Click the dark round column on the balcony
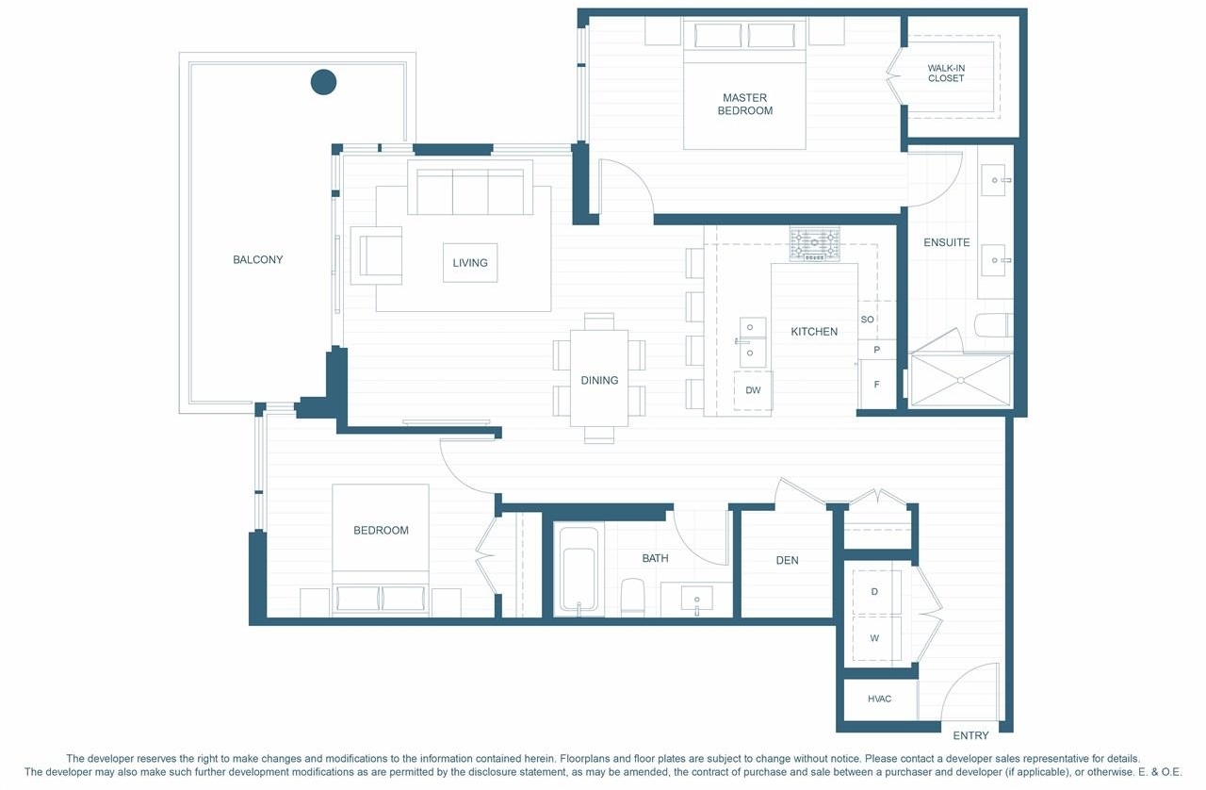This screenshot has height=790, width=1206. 323,82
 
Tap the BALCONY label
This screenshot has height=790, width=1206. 257,260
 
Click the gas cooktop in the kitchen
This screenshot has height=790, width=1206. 815,244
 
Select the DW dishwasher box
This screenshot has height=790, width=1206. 753,390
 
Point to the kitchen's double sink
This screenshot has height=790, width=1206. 753,342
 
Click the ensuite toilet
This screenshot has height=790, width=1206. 994,326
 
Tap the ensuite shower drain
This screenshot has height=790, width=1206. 961,381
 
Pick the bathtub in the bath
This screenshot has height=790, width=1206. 579,569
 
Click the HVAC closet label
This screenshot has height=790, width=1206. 879,699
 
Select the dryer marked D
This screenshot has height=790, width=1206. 876,592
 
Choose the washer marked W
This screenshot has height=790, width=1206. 876,638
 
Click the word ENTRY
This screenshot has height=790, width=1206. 970,735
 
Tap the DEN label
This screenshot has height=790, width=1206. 787,560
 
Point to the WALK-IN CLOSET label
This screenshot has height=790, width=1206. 946,74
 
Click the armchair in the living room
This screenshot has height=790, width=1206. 376,255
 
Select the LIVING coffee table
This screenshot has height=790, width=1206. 470,262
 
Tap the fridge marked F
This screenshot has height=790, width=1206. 876,385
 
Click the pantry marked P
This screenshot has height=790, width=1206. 876,350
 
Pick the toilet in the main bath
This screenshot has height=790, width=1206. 632,597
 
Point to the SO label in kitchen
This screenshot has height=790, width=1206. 868,320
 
